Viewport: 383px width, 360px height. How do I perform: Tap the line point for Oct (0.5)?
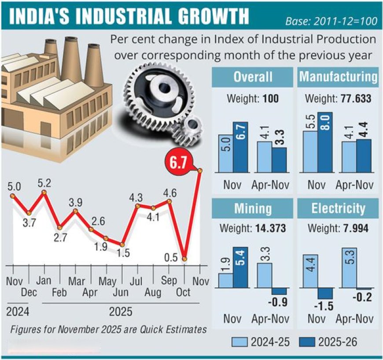(x=185, y=259)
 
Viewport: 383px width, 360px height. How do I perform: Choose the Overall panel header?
(x=252, y=77)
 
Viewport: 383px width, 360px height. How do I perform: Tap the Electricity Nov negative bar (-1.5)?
(x=326, y=293)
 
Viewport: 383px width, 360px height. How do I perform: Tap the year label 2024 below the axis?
(x=17, y=312)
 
